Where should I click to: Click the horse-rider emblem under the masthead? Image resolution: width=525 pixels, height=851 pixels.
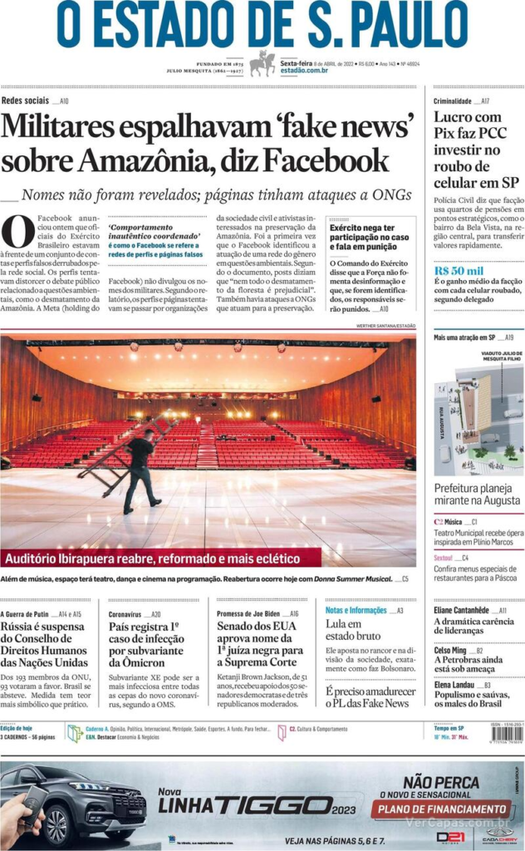tap(262, 63)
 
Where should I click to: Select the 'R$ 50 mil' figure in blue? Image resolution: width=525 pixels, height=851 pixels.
tap(459, 271)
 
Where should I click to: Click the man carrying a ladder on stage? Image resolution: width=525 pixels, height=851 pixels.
tap(140, 470)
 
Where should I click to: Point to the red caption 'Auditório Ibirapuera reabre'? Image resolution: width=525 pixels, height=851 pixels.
tap(150, 558)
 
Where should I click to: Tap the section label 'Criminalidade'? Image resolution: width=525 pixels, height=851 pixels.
tap(452, 101)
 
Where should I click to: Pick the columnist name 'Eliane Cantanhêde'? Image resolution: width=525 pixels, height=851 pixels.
tap(461, 610)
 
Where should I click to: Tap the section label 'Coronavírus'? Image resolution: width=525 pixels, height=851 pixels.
tap(125, 613)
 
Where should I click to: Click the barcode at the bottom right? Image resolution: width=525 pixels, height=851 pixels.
tap(507, 734)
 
